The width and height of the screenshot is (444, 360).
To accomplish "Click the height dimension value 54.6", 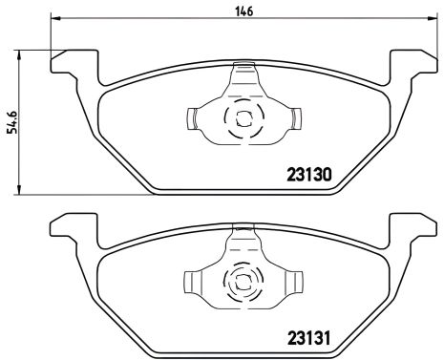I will pyautogui.click(x=12, y=121).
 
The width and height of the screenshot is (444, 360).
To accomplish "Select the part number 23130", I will pyautogui.click(x=315, y=175).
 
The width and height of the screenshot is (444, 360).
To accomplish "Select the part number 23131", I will pyautogui.click(x=315, y=337).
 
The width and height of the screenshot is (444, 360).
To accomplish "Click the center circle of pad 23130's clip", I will pyautogui.click(x=242, y=119).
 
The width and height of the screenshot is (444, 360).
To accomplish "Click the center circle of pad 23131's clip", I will pyautogui.click(x=242, y=282).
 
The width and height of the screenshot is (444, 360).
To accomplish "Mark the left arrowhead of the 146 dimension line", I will pyautogui.click(x=54, y=19).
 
